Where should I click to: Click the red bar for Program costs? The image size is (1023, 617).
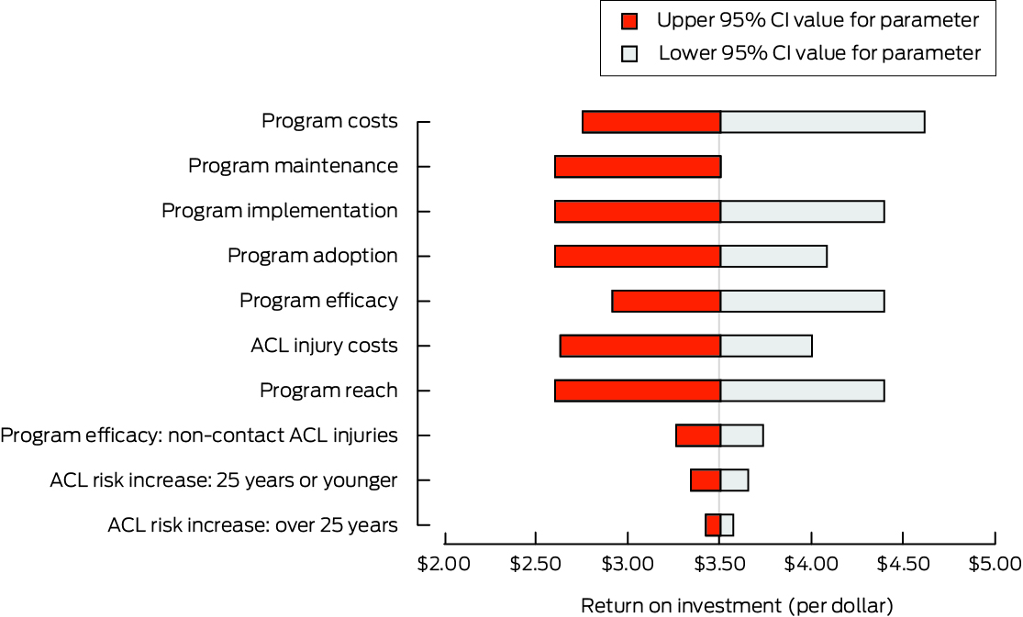[x=651, y=122]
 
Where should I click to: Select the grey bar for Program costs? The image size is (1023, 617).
[x=822, y=122]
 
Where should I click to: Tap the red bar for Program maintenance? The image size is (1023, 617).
[x=638, y=167]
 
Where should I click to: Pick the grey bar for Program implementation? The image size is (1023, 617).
[x=802, y=212]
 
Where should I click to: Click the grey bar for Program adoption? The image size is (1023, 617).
[x=773, y=256]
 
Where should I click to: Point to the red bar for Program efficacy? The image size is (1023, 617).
[x=666, y=301]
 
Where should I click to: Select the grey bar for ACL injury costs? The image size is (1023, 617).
[x=766, y=346]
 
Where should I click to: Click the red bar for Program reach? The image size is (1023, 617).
[x=638, y=391]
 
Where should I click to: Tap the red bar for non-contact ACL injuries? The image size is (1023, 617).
[x=698, y=435]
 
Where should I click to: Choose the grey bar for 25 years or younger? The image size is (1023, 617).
[x=734, y=480]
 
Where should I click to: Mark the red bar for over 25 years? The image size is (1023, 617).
[x=713, y=525]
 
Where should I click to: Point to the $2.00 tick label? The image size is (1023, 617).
[x=444, y=561]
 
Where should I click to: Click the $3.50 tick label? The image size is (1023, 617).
[x=719, y=561]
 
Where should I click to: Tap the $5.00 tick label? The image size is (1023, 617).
[x=994, y=561]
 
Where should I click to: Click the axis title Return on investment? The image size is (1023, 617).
[x=737, y=606]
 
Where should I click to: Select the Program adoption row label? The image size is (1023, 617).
[x=312, y=256]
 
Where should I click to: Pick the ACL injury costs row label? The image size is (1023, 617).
[x=324, y=346]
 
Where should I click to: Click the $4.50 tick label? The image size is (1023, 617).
[x=902, y=561]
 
